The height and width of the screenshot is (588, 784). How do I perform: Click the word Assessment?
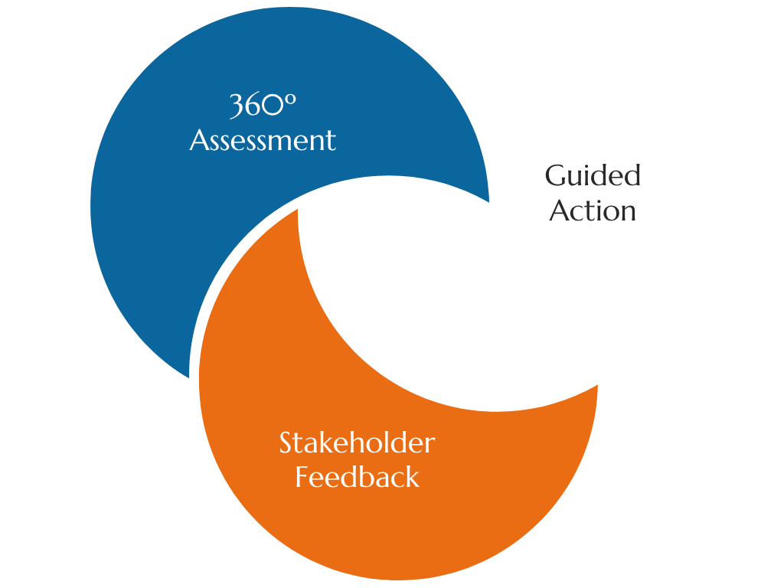tap(263, 141)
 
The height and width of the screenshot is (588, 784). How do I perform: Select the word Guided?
tap(593, 176)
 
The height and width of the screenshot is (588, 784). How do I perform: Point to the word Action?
tap(593, 211)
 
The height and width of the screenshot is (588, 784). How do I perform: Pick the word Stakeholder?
tap(357, 443)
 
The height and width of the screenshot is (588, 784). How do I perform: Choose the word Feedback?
tap(358, 477)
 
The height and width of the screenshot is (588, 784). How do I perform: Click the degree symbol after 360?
tap(289, 100)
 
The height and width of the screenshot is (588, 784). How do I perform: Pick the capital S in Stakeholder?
tap(286, 443)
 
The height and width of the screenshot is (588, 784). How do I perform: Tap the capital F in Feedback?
tap(302, 477)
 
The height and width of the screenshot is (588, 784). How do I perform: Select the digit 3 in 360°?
tap(237, 106)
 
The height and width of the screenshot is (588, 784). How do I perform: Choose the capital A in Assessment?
tap(198, 141)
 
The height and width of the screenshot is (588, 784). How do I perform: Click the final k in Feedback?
tap(413, 477)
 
